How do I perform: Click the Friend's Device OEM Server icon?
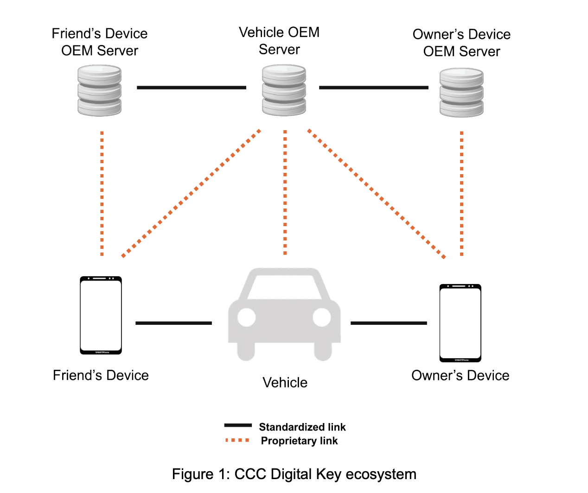click(99, 90)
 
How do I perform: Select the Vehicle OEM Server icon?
click(284, 90)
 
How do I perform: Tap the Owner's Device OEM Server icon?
click(461, 92)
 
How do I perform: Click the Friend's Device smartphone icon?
click(101, 316)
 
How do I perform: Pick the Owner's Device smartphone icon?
click(460, 323)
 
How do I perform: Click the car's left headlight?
click(247, 317)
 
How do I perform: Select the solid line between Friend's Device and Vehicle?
click(173, 323)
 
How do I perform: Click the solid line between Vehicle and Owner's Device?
click(389, 323)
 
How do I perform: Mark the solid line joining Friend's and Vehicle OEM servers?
click(191, 87)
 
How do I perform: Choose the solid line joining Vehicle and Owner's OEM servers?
click(373, 87)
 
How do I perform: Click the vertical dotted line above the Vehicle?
click(285, 192)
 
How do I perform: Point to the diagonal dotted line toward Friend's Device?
click(191, 193)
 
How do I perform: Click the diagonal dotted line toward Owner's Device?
click(377, 193)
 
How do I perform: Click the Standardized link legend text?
click(302, 427)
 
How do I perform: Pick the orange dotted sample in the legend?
click(237, 440)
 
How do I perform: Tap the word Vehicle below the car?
click(285, 383)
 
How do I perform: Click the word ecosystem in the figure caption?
click(381, 474)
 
